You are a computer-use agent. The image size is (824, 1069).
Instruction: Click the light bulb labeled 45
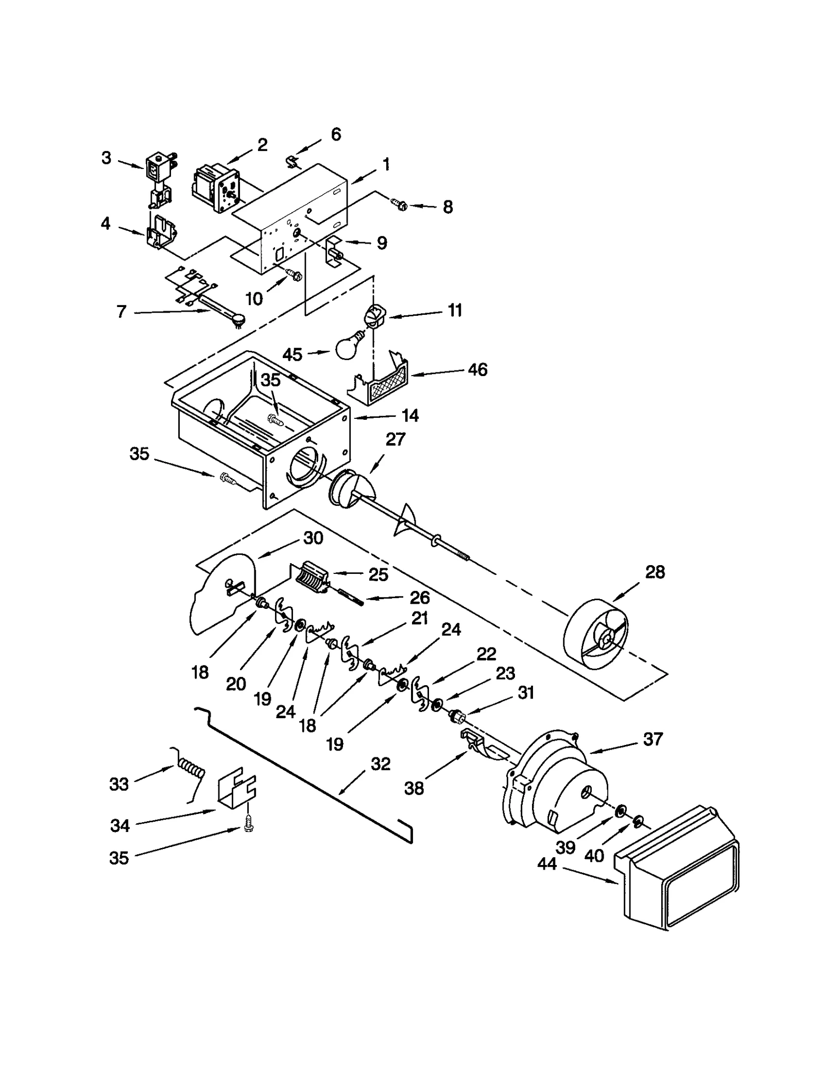[x=350, y=347]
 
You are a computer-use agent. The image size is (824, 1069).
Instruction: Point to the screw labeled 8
[x=400, y=205]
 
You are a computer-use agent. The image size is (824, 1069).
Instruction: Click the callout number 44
[x=546, y=863]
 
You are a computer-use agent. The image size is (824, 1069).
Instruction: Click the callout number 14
[x=410, y=415]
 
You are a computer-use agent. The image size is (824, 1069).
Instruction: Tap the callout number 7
[x=121, y=311]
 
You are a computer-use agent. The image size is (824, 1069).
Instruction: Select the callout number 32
[x=380, y=763]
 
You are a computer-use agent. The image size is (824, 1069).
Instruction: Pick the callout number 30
[x=313, y=538]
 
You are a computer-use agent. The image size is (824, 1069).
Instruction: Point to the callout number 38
[x=414, y=788]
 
